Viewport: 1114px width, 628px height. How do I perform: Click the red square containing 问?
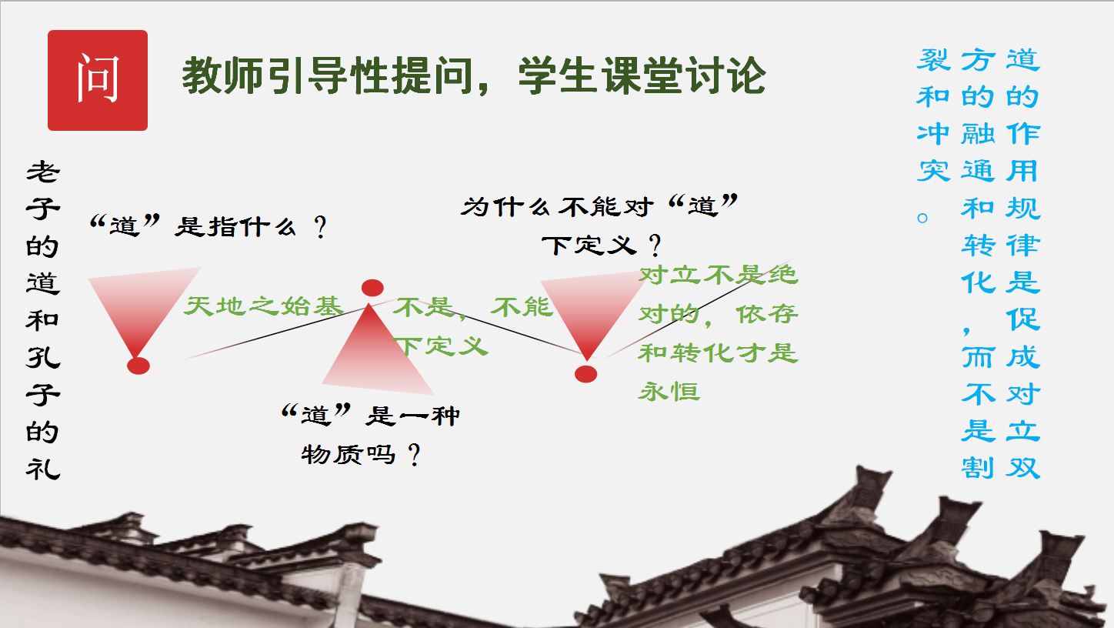point(98,80)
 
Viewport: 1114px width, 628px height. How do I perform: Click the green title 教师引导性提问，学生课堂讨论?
point(473,75)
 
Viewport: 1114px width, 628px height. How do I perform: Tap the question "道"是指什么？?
point(208,227)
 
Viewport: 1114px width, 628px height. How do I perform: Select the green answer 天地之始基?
point(263,306)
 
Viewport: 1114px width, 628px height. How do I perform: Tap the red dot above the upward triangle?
point(372,288)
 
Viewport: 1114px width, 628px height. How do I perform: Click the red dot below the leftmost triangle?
point(138,366)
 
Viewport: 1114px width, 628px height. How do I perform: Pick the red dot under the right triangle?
point(585,374)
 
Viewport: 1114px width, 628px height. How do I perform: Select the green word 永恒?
point(669,392)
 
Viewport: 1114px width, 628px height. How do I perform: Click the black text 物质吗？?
point(361,454)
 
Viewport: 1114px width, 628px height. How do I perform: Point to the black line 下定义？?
point(602,246)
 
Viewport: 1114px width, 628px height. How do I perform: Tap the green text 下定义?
point(441,346)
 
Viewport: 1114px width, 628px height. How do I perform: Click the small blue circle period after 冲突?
point(922,218)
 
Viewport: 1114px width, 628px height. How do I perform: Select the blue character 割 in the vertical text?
point(977,468)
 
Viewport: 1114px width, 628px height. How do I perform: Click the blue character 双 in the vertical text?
point(1022,468)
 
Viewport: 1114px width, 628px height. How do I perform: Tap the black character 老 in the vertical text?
point(43,172)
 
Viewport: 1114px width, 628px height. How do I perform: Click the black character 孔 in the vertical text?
point(43,357)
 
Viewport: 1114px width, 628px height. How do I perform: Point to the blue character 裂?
point(933,60)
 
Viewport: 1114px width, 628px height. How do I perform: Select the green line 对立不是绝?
point(718,275)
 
